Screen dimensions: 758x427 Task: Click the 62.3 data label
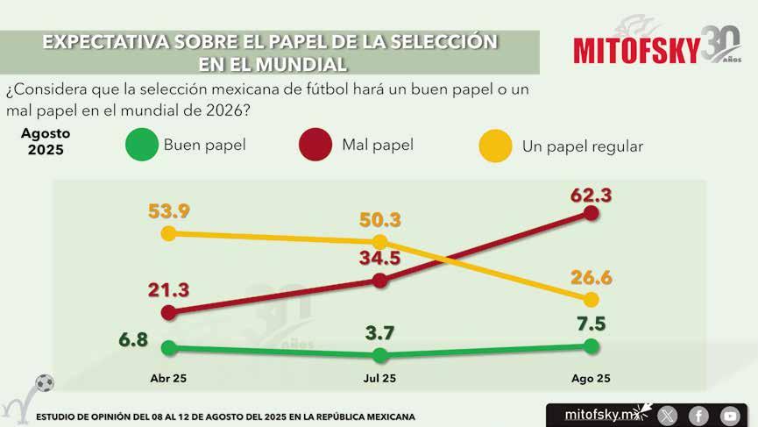(591, 196)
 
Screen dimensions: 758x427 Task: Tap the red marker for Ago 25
(591, 213)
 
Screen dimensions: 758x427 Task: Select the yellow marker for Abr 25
(168, 233)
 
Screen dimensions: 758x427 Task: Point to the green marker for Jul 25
(380, 355)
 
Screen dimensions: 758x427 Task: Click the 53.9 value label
(169, 211)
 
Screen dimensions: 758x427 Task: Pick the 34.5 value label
(379, 258)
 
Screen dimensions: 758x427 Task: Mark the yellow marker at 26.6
(591, 300)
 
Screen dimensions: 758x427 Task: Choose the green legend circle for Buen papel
(142, 145)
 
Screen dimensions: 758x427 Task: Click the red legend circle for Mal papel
(315, 145)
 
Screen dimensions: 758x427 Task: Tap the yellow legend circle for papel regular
(495, 146)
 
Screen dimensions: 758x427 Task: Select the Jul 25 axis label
(379, 378)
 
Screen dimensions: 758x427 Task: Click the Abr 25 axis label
(168, 378)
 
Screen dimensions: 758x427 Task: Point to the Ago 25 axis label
(591, 379)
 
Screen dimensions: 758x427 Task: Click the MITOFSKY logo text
(637, 50)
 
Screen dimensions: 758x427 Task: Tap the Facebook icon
(698, 416)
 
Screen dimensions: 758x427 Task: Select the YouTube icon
(730, 416)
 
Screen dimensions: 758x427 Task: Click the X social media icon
(668, 416)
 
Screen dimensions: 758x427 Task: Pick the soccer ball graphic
(45, 383)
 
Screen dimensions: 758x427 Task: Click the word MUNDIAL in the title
(301, 64)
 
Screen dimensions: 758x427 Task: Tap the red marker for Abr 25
(168, 312)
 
